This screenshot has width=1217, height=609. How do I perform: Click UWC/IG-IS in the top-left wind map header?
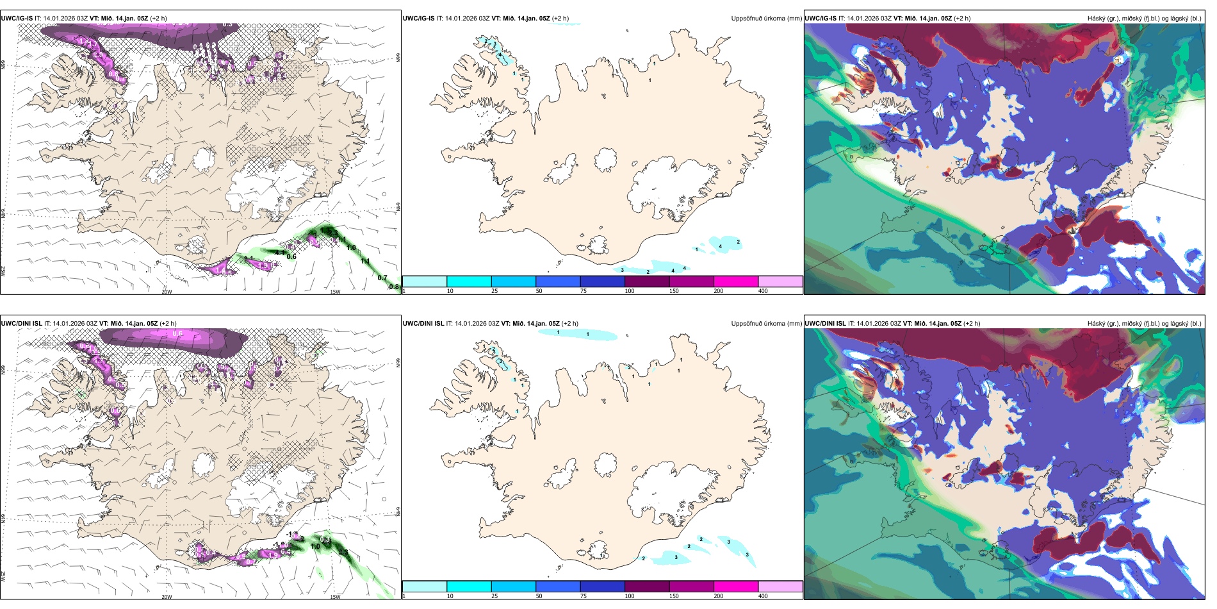(17, 19)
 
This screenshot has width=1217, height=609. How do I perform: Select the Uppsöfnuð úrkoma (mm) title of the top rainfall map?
(766, 19)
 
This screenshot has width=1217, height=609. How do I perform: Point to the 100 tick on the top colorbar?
(630, 291)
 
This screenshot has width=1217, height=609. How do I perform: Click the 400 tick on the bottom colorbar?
(763, 596)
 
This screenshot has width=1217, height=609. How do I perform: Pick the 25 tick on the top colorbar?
(494, 291)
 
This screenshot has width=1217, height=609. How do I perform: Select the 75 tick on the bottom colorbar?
(584, 596)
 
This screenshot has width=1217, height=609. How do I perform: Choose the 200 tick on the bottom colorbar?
(719, 596)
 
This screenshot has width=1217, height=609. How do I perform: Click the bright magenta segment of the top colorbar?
(736, 281)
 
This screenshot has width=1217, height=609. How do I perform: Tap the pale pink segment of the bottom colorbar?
(780, 587)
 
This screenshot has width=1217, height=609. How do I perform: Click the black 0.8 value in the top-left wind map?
(394, 287)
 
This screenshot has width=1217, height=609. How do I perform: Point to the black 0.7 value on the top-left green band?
(382, 278)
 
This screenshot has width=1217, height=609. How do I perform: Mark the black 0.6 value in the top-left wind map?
(291, 256)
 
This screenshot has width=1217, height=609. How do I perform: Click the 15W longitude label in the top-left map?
(334, 292)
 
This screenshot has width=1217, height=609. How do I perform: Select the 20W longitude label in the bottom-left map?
(167, 597)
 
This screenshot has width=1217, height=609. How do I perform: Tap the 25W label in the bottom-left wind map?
(4, 576)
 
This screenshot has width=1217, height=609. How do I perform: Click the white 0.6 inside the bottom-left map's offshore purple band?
(177, 333)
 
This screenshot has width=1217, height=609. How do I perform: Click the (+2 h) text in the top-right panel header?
(962, 19)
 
